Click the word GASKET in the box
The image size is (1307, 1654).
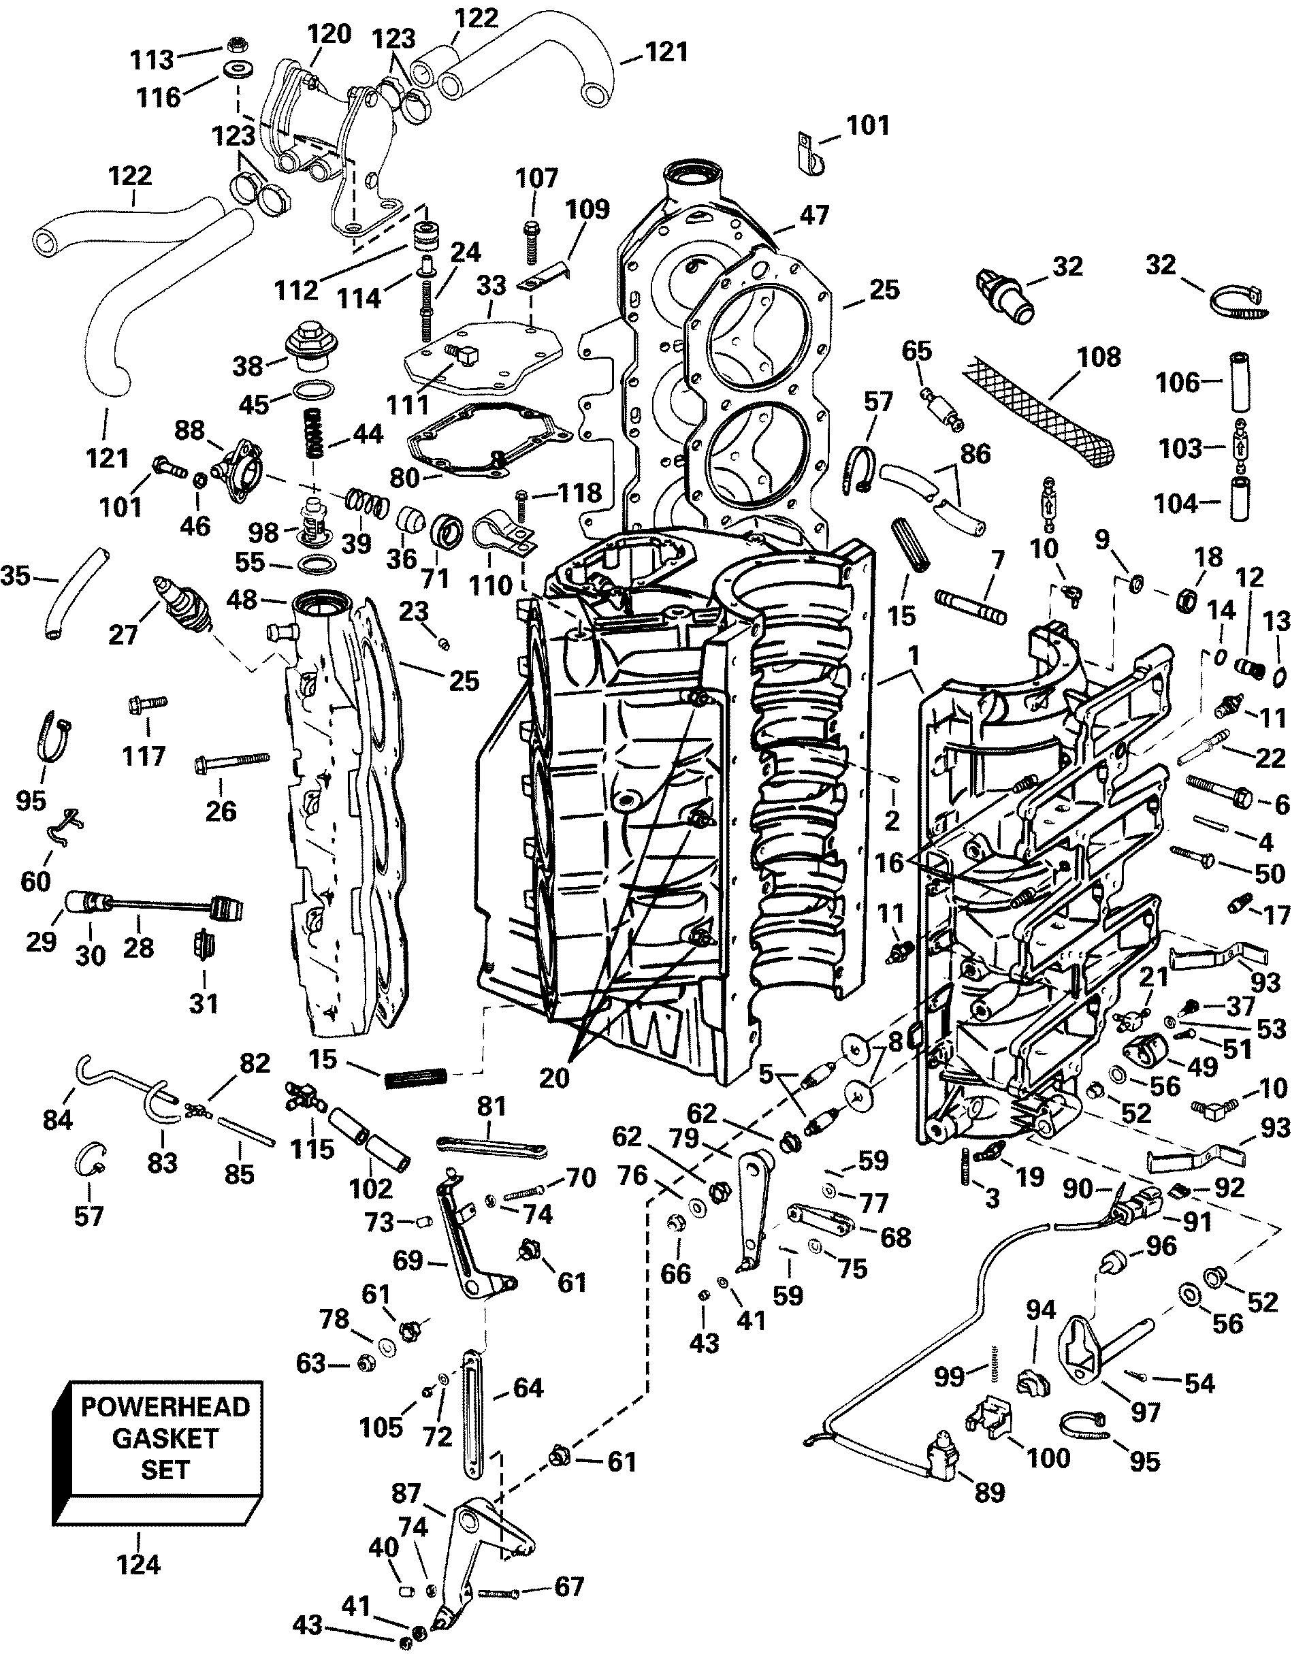pos(165,1438)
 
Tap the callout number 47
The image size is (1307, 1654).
pos(814,215)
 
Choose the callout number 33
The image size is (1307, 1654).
pos(491,285)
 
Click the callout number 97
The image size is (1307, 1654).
pos(1146,1412)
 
